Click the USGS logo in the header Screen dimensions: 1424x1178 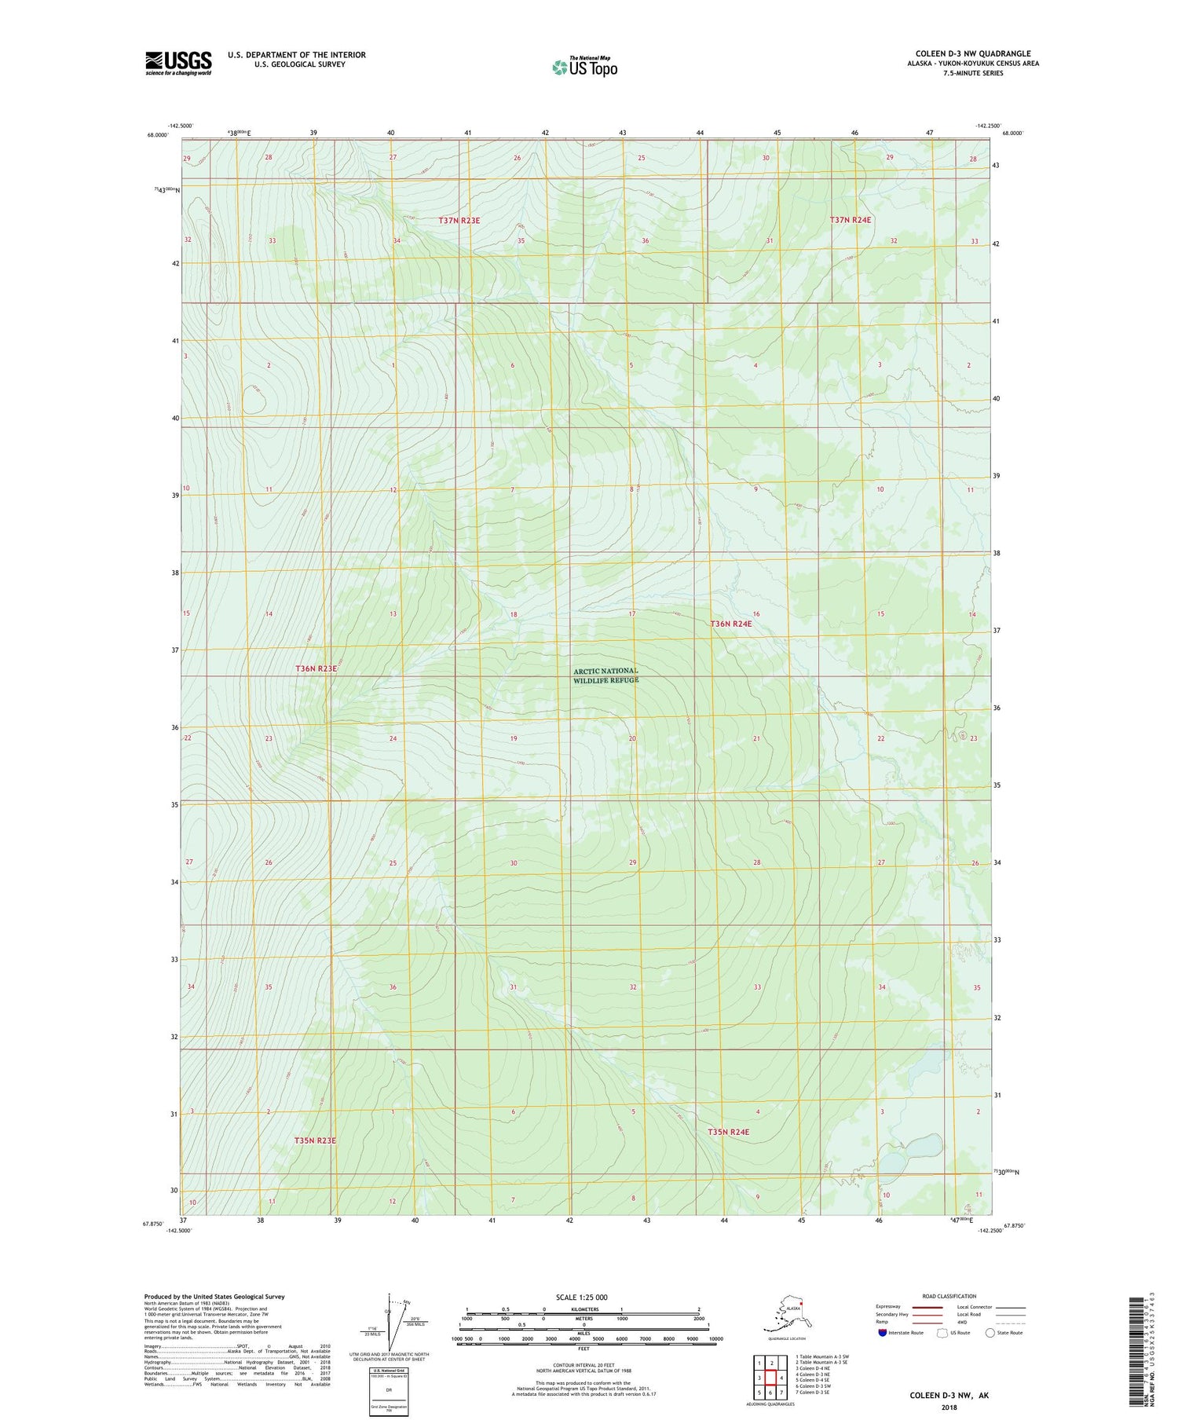pyautogui.click(x=178, y=63)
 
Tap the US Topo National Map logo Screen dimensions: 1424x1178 pyautogui.click(x=584, y=67)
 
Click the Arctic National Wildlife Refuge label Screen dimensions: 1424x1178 pyautogui.click(x=605, y=675)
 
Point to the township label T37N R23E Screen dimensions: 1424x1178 pyautogui.click(x=459, y=221)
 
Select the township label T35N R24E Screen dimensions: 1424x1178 pyautogui.click(x=728, y=1132)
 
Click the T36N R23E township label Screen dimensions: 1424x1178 pyautogui.click(x=316, y=668)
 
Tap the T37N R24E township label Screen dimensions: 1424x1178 pyautogui.click(x=851, y=220)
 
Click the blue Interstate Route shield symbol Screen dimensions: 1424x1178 pyautogui.click(x=883, y=1332)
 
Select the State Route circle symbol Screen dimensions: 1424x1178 pyautogui.click(x=990, y=1332)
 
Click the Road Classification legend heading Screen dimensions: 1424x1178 pyautogui.click(x=949, y=1296)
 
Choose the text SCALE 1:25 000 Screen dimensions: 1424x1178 pyautogui.click(x=581, y=1297)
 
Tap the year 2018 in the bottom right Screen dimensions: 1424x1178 pyautogui.click(x=949, y=1407)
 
